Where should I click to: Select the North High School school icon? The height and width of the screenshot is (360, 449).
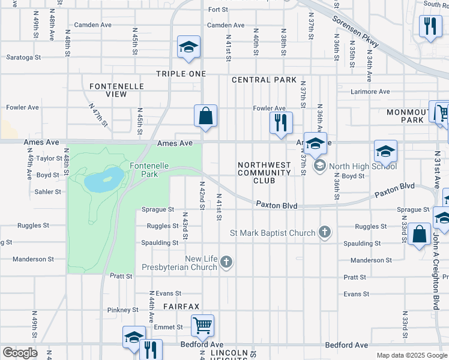pos(320,165)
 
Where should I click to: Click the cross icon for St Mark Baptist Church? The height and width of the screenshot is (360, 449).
pos(325,232)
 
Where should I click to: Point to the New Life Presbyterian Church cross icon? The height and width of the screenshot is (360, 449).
pos(226,262)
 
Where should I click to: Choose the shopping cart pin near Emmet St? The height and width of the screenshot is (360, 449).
pos(203,326)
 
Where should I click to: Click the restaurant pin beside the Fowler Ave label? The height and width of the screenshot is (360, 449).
pos(281,122)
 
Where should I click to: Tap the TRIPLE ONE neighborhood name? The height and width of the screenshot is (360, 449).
pos(181,74)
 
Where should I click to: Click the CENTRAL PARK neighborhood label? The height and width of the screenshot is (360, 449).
pos(264,80)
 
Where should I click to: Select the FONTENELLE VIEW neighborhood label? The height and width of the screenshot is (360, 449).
pos(116,90)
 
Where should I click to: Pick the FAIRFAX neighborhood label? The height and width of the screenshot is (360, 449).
pos(181,306)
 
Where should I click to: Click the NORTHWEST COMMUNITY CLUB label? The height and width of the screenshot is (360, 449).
pos(264,173)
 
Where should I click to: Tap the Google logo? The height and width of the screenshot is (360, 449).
pos(20,353)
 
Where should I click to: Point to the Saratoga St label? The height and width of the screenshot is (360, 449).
pos(23,58)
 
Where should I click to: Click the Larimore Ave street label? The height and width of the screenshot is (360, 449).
pos(370,92)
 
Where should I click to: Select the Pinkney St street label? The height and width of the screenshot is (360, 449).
pos(123,310)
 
